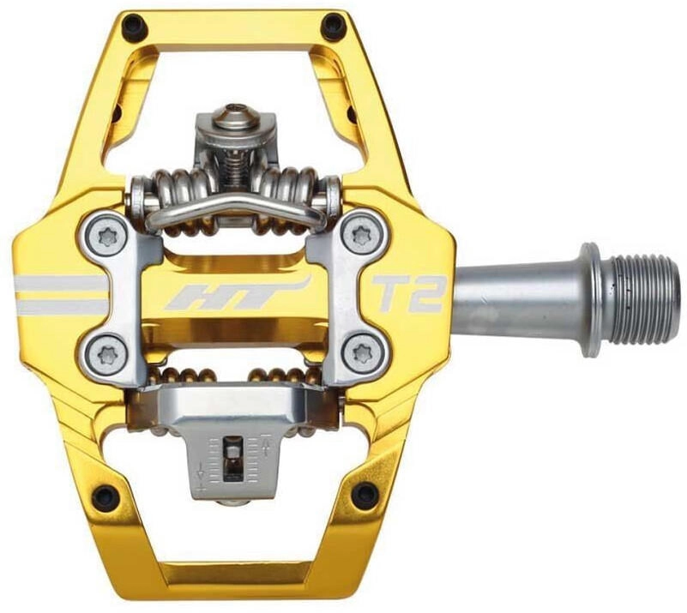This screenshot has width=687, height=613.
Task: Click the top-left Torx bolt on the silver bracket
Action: (106, 237)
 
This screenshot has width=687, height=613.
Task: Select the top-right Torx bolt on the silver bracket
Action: (362, 237)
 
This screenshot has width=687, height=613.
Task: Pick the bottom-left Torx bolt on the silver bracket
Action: (106, 353)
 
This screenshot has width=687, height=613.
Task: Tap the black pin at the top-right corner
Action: (332, 24)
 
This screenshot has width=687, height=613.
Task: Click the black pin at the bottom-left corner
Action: (105, 496)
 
